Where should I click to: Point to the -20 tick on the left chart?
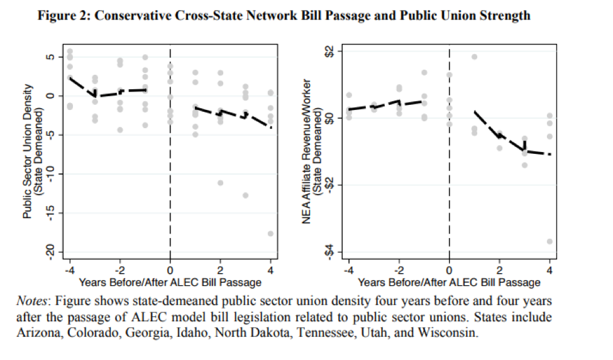53,252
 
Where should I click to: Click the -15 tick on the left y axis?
53,213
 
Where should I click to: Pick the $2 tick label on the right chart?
333,51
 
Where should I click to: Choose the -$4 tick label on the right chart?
333,252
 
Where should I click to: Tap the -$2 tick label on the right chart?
333,185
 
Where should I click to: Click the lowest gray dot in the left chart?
270,234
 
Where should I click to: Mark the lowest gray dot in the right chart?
549,241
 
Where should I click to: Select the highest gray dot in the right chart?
474,57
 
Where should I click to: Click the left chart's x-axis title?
170,283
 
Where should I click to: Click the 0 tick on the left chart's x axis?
170,271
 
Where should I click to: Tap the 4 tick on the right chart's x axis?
549,271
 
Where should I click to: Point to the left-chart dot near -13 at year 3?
245,195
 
